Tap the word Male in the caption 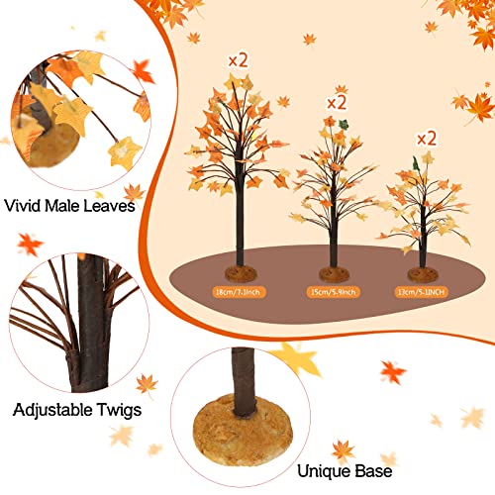[67, 207]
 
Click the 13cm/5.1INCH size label [420, 293]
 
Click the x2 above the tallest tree [238, 59]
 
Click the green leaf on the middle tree [346, 125]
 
